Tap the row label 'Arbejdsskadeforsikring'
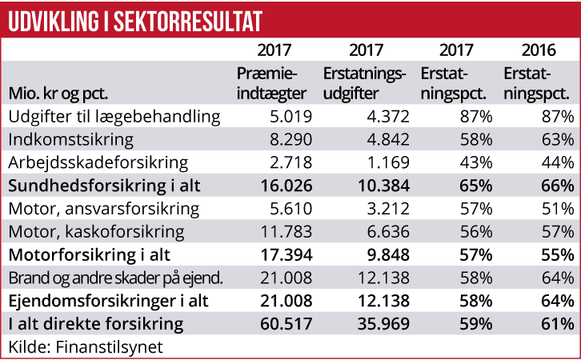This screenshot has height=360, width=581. click(98, 163)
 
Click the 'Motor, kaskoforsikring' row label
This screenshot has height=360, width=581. click(96, 233)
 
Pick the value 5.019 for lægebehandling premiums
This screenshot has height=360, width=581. click(289, 117)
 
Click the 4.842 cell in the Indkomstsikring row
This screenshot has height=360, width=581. click(387, 140)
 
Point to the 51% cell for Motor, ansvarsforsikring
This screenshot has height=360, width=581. click(556, 210)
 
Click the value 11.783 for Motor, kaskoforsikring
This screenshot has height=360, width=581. click(284, 233)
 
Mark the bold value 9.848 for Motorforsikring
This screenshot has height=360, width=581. click(385, 256)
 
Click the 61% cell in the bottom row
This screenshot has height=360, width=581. click(556, 325)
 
